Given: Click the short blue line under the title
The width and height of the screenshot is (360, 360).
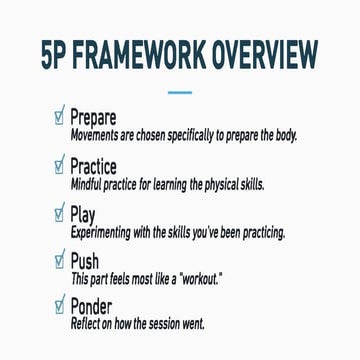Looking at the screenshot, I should click(x=180, y=91).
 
